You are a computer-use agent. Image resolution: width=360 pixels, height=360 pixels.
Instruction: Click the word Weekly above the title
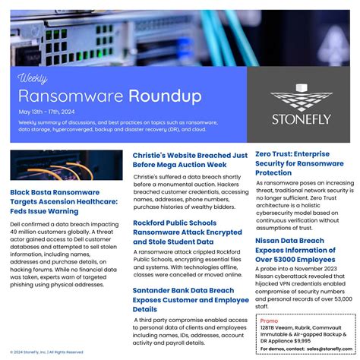click(33, 78)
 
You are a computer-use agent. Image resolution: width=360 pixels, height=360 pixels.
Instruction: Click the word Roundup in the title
click(165, 96)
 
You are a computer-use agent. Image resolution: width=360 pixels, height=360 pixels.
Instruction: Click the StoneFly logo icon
click(303, 96)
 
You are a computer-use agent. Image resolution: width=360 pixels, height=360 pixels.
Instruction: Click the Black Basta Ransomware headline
click(64, 201)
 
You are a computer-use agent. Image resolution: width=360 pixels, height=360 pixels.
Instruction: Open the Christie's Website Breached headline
click(190, 159)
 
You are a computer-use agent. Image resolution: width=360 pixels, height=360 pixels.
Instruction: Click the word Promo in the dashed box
click(269, 321)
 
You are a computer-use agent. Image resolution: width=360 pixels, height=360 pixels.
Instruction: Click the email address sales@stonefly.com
click(329, 349)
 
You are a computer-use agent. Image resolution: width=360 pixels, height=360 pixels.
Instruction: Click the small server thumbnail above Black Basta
click(66, 165)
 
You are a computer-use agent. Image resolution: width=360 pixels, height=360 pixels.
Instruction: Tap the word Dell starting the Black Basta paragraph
click(16, 225)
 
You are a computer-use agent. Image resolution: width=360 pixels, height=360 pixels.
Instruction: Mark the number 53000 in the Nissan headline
click(292, 260)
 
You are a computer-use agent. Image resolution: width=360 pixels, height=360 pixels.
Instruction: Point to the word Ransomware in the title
click(71, 96)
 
